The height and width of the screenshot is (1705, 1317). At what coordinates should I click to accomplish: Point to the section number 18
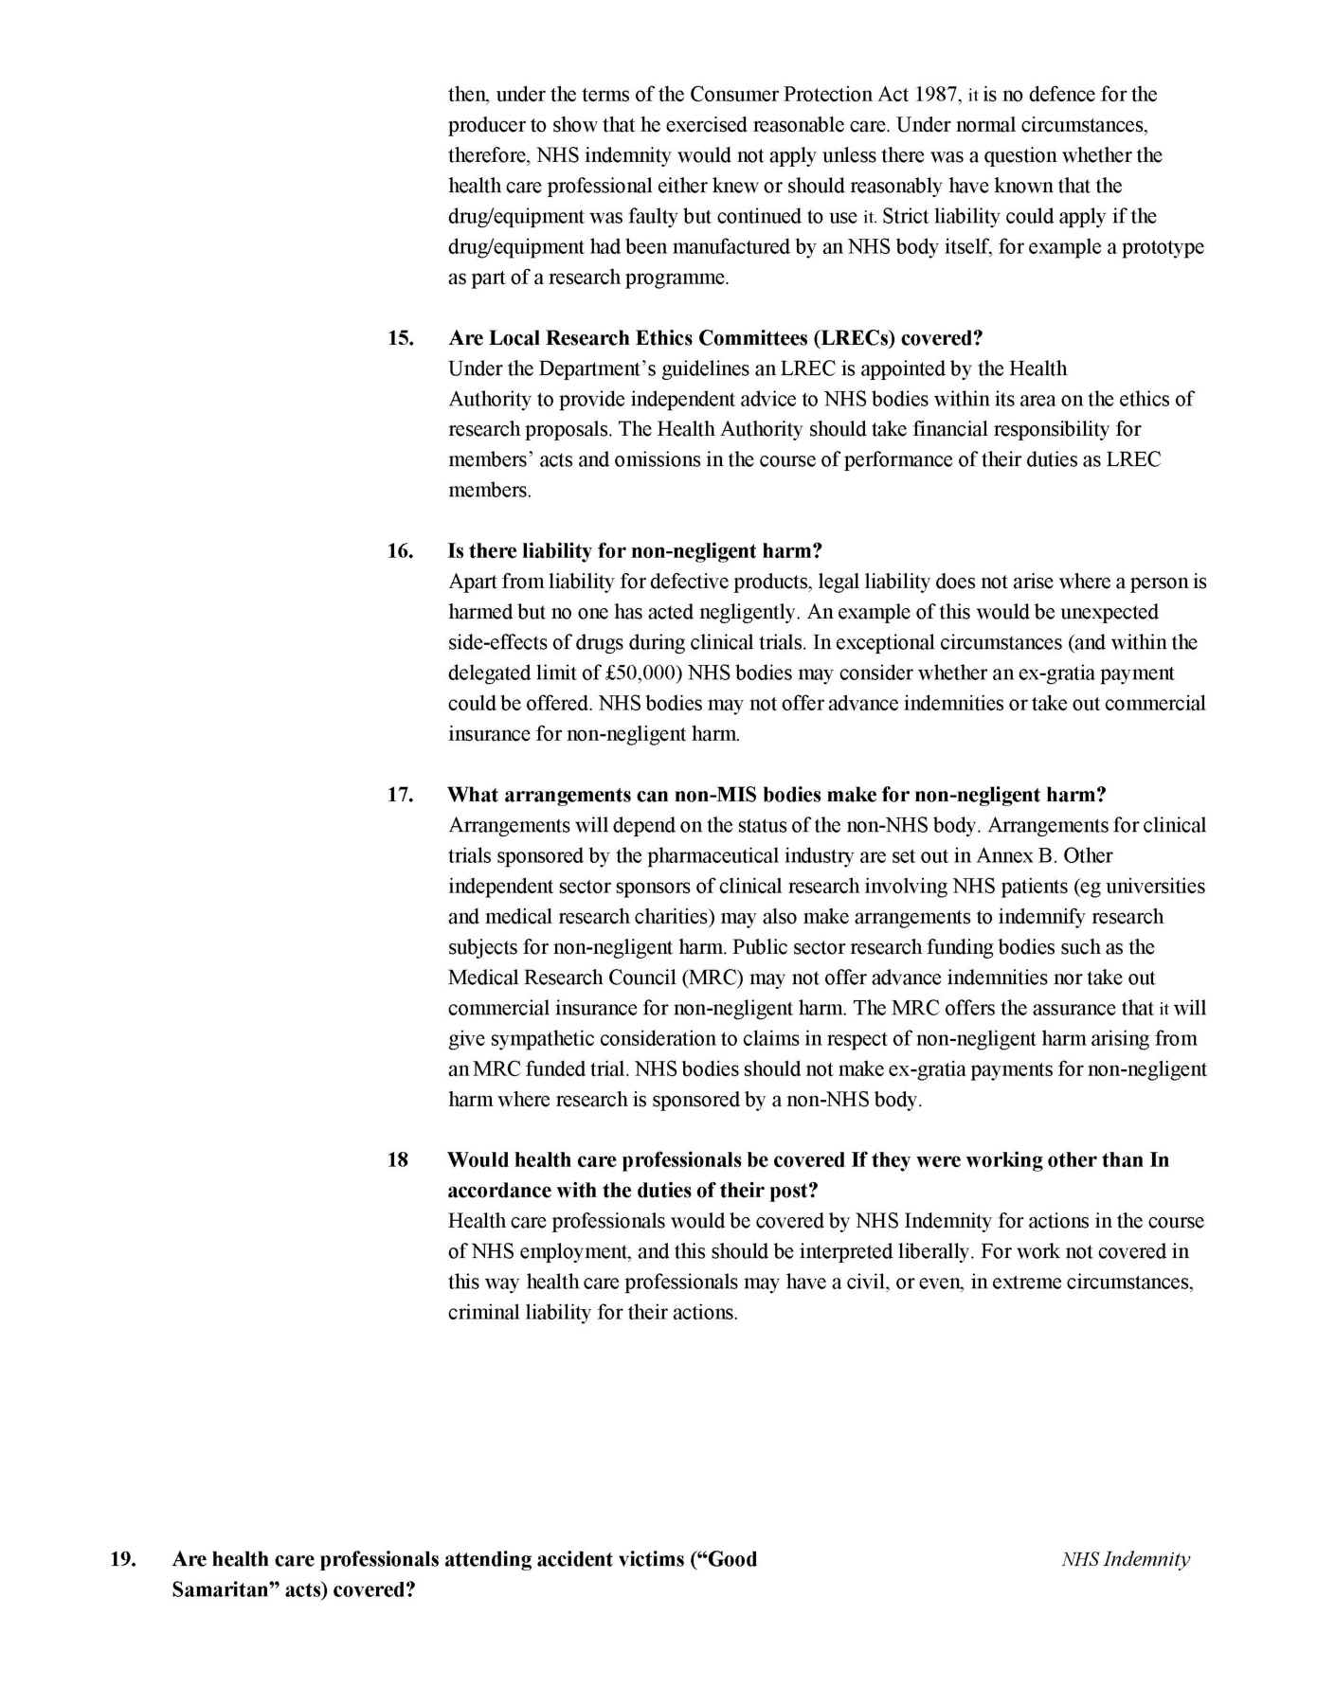click(x=397, y=1160)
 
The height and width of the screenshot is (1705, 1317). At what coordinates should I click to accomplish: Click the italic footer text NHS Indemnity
click(x=1125, y=1559)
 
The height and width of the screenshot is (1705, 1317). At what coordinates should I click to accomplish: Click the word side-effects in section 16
click(x=496, y=643)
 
